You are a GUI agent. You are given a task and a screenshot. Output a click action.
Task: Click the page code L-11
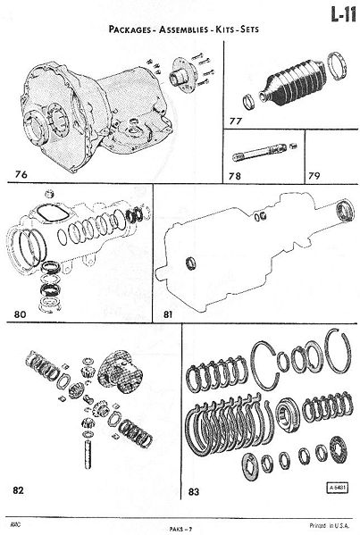[343, 14]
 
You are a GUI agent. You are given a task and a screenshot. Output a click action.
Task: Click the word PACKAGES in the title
[130, 29]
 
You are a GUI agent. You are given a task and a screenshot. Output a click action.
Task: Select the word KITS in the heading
[224, 29]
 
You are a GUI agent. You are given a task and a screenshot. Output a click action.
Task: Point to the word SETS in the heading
[249, 29]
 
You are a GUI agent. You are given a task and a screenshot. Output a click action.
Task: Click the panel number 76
[21, 174]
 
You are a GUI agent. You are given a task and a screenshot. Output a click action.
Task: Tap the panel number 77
[236, 121]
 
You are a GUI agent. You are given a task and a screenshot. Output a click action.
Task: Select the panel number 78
[235, 176]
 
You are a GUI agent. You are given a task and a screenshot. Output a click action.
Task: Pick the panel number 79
[314, 176]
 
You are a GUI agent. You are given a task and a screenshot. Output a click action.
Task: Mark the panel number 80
[21, 313]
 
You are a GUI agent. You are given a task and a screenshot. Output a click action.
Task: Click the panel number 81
[168, 314]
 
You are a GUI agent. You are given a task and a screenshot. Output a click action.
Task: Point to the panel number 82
[19, 490]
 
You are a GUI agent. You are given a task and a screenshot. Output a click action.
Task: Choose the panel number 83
[194, 491]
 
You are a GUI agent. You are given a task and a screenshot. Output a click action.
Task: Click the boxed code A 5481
[338, 488]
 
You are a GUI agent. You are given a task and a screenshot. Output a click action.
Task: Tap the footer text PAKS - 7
[180, 529]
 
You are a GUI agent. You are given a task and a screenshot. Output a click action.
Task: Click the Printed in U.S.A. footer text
[330, 525]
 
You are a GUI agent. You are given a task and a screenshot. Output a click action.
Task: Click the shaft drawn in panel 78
[260, 152]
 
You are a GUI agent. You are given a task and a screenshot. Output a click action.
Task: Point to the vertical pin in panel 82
[88, 455]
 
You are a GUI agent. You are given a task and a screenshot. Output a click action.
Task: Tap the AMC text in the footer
[15, 524]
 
